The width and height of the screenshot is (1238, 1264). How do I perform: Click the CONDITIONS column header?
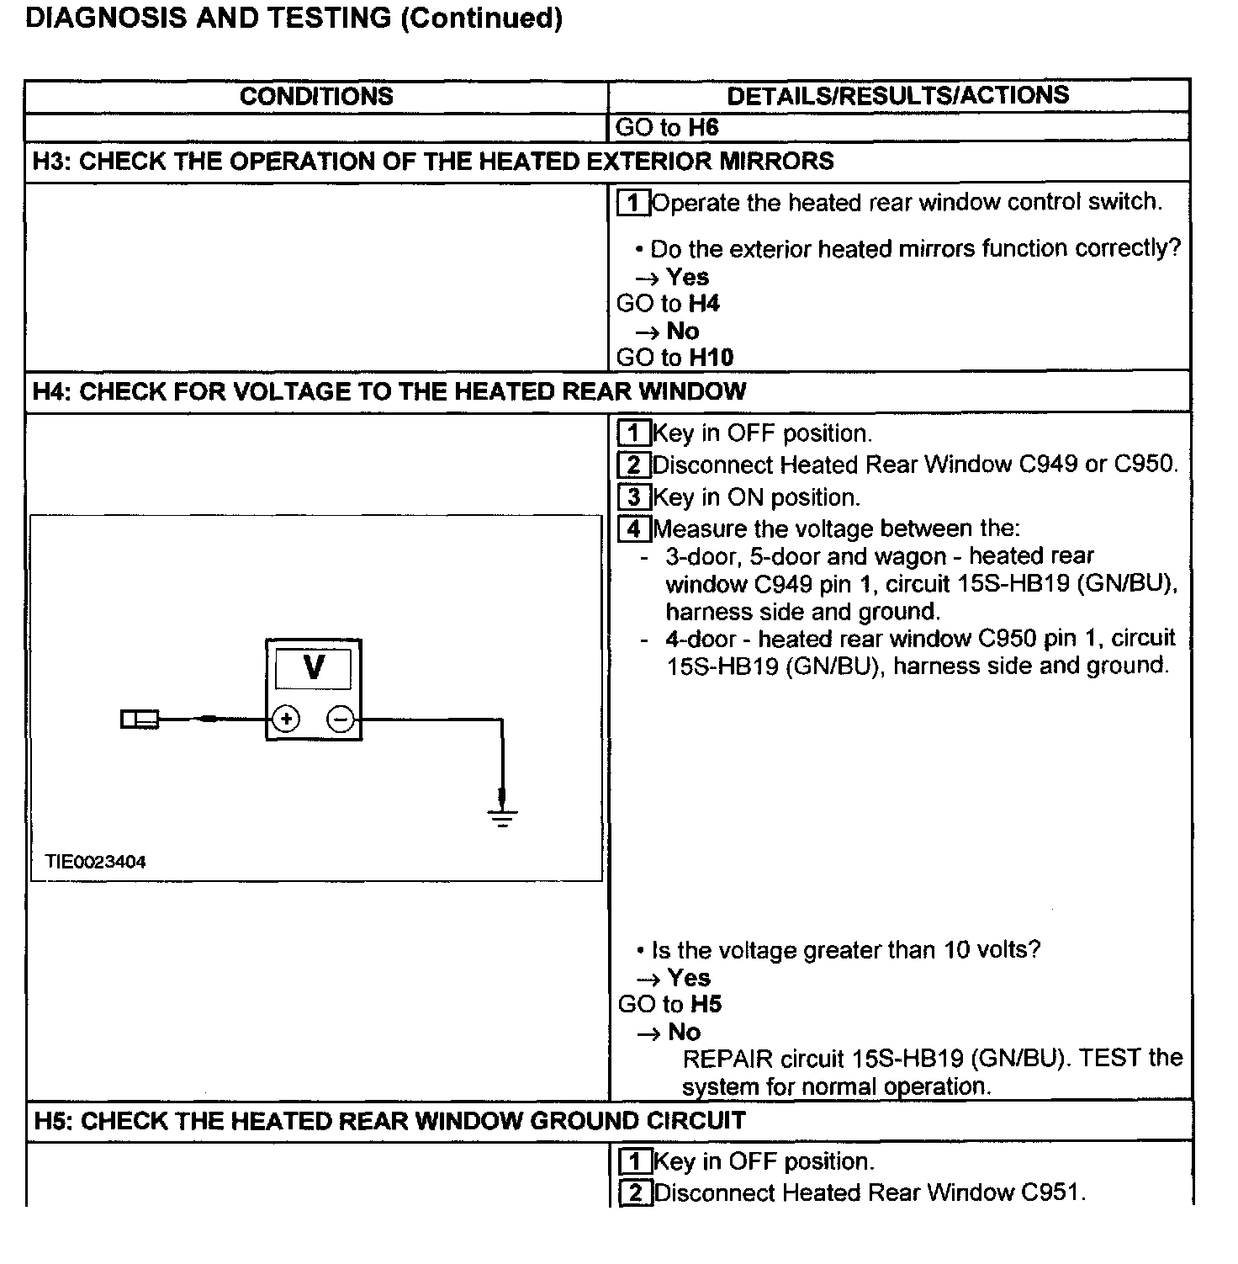316,96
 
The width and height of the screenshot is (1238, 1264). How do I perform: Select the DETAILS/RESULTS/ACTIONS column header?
897,95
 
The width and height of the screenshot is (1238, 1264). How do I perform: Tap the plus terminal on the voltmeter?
287,720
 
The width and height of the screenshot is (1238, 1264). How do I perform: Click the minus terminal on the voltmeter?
341,720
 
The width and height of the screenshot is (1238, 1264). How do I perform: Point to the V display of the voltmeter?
314,668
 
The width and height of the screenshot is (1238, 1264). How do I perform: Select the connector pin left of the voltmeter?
140,720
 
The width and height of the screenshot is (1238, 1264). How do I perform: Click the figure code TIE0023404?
96,862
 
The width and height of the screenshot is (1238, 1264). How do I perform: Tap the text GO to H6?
667,128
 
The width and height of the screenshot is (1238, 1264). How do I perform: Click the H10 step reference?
711,358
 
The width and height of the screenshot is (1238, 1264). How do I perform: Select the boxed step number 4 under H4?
633,529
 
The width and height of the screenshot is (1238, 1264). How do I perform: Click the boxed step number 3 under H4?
633,497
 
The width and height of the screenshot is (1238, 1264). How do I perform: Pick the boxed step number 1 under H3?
633,203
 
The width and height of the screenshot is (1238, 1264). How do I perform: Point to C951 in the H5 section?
1050,1192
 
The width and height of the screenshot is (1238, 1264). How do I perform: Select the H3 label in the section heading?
51,162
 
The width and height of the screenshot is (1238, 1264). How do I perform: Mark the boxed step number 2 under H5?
635,1193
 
